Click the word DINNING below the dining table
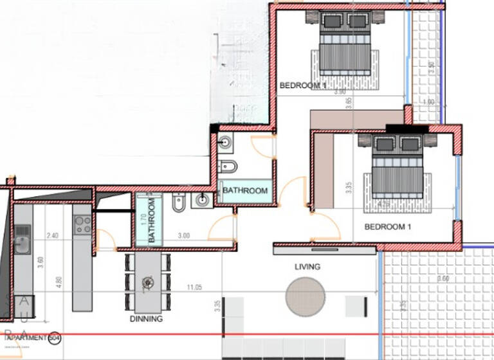click(146, 318)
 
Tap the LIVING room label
click(307, 267)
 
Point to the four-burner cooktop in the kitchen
click(82, 224)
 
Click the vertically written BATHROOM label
click(152, 221)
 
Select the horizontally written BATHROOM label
click(245, 191)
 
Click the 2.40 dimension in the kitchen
click(53, 236)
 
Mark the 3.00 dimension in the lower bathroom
click(183, 236)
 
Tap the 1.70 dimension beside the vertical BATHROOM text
click(143, 218)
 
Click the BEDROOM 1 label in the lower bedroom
click(387, 227)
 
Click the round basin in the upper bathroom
click(224, 143)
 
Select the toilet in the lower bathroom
click(179, 204)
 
